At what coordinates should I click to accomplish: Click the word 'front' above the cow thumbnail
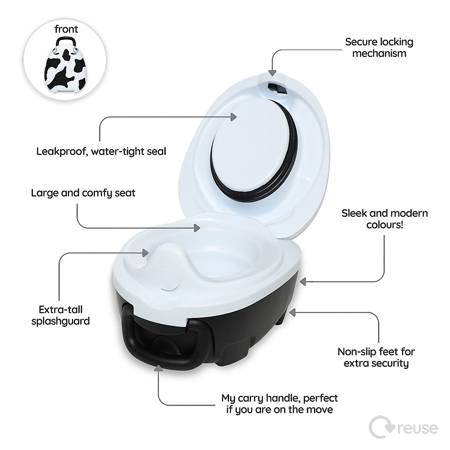66,29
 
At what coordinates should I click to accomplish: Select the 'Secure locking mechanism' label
379,48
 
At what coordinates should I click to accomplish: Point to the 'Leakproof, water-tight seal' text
101,151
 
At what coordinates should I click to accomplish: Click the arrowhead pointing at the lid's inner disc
234,117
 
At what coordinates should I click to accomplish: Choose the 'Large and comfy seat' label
83,193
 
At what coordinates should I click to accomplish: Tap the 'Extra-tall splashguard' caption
61,315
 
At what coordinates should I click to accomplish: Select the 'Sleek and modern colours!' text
384,219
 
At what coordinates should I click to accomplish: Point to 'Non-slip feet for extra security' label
376,357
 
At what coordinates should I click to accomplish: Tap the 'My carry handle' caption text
279,403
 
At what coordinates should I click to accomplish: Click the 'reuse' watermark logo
403,427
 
